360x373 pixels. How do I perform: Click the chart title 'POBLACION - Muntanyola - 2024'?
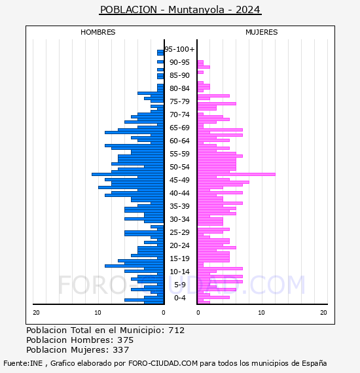(x=180, y=10)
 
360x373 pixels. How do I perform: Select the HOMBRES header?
(x=98, y=32)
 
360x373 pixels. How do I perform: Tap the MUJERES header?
(x=262, y=32)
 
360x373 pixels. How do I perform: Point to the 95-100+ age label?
(x=179, y=49)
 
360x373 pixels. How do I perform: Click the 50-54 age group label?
(x=179, y=167)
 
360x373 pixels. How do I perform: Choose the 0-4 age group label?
(x=180, y=298)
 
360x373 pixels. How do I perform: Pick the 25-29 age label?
(x=179, y=232)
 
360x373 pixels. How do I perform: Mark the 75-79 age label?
(x=179, y=101)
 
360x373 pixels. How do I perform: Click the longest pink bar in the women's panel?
(x=236, y=174)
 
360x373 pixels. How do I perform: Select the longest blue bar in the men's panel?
(x=128, y=174)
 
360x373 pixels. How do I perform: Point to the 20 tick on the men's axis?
(x=36, y=313)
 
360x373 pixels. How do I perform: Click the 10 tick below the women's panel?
(x=262, y=313)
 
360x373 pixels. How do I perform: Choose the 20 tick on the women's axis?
(x=323, y=313)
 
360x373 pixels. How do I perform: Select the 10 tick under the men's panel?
(x=98, y=313)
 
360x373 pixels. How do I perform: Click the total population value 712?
(x=177, y=330)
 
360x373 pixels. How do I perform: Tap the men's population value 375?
(x=126, y=340)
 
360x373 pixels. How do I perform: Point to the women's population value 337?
(x=121, y=350)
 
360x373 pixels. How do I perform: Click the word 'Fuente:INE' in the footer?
(x=23, y=363)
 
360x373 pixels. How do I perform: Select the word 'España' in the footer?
(x=314, y=364)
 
